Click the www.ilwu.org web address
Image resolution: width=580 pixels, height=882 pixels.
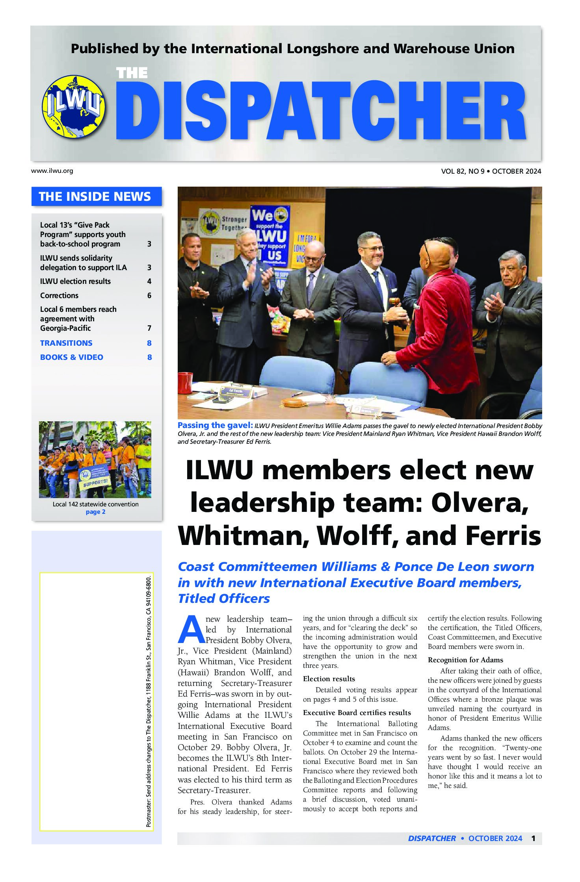[x=52, y=171]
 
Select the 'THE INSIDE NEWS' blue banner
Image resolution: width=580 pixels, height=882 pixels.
[x=96, y=196]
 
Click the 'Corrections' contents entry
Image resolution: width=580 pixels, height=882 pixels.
[x=59, y=295]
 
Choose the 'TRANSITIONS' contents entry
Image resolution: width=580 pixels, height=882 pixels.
[x=66, y=343]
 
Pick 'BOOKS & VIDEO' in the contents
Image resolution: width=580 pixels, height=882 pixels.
[x=72, y=357]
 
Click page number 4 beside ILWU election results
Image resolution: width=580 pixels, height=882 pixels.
[x=149, y=281]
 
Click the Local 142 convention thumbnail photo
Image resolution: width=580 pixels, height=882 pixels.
[x=95, y=460]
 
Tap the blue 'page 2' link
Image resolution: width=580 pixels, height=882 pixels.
[x=95, y=512]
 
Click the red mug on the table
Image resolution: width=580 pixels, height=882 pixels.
[x=185, y=383]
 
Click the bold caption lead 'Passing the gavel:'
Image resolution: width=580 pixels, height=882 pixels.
[x=215, y=425]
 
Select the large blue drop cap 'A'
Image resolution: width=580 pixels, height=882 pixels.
[x=191, y=629]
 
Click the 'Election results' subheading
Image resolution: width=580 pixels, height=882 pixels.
[x=329, y=679]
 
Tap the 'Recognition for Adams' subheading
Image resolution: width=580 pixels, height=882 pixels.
[x=465, y=660]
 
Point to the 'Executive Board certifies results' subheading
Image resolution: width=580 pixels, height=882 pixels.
[x=357, y=713]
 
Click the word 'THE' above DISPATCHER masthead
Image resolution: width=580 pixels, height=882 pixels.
[x=132, y=73]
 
